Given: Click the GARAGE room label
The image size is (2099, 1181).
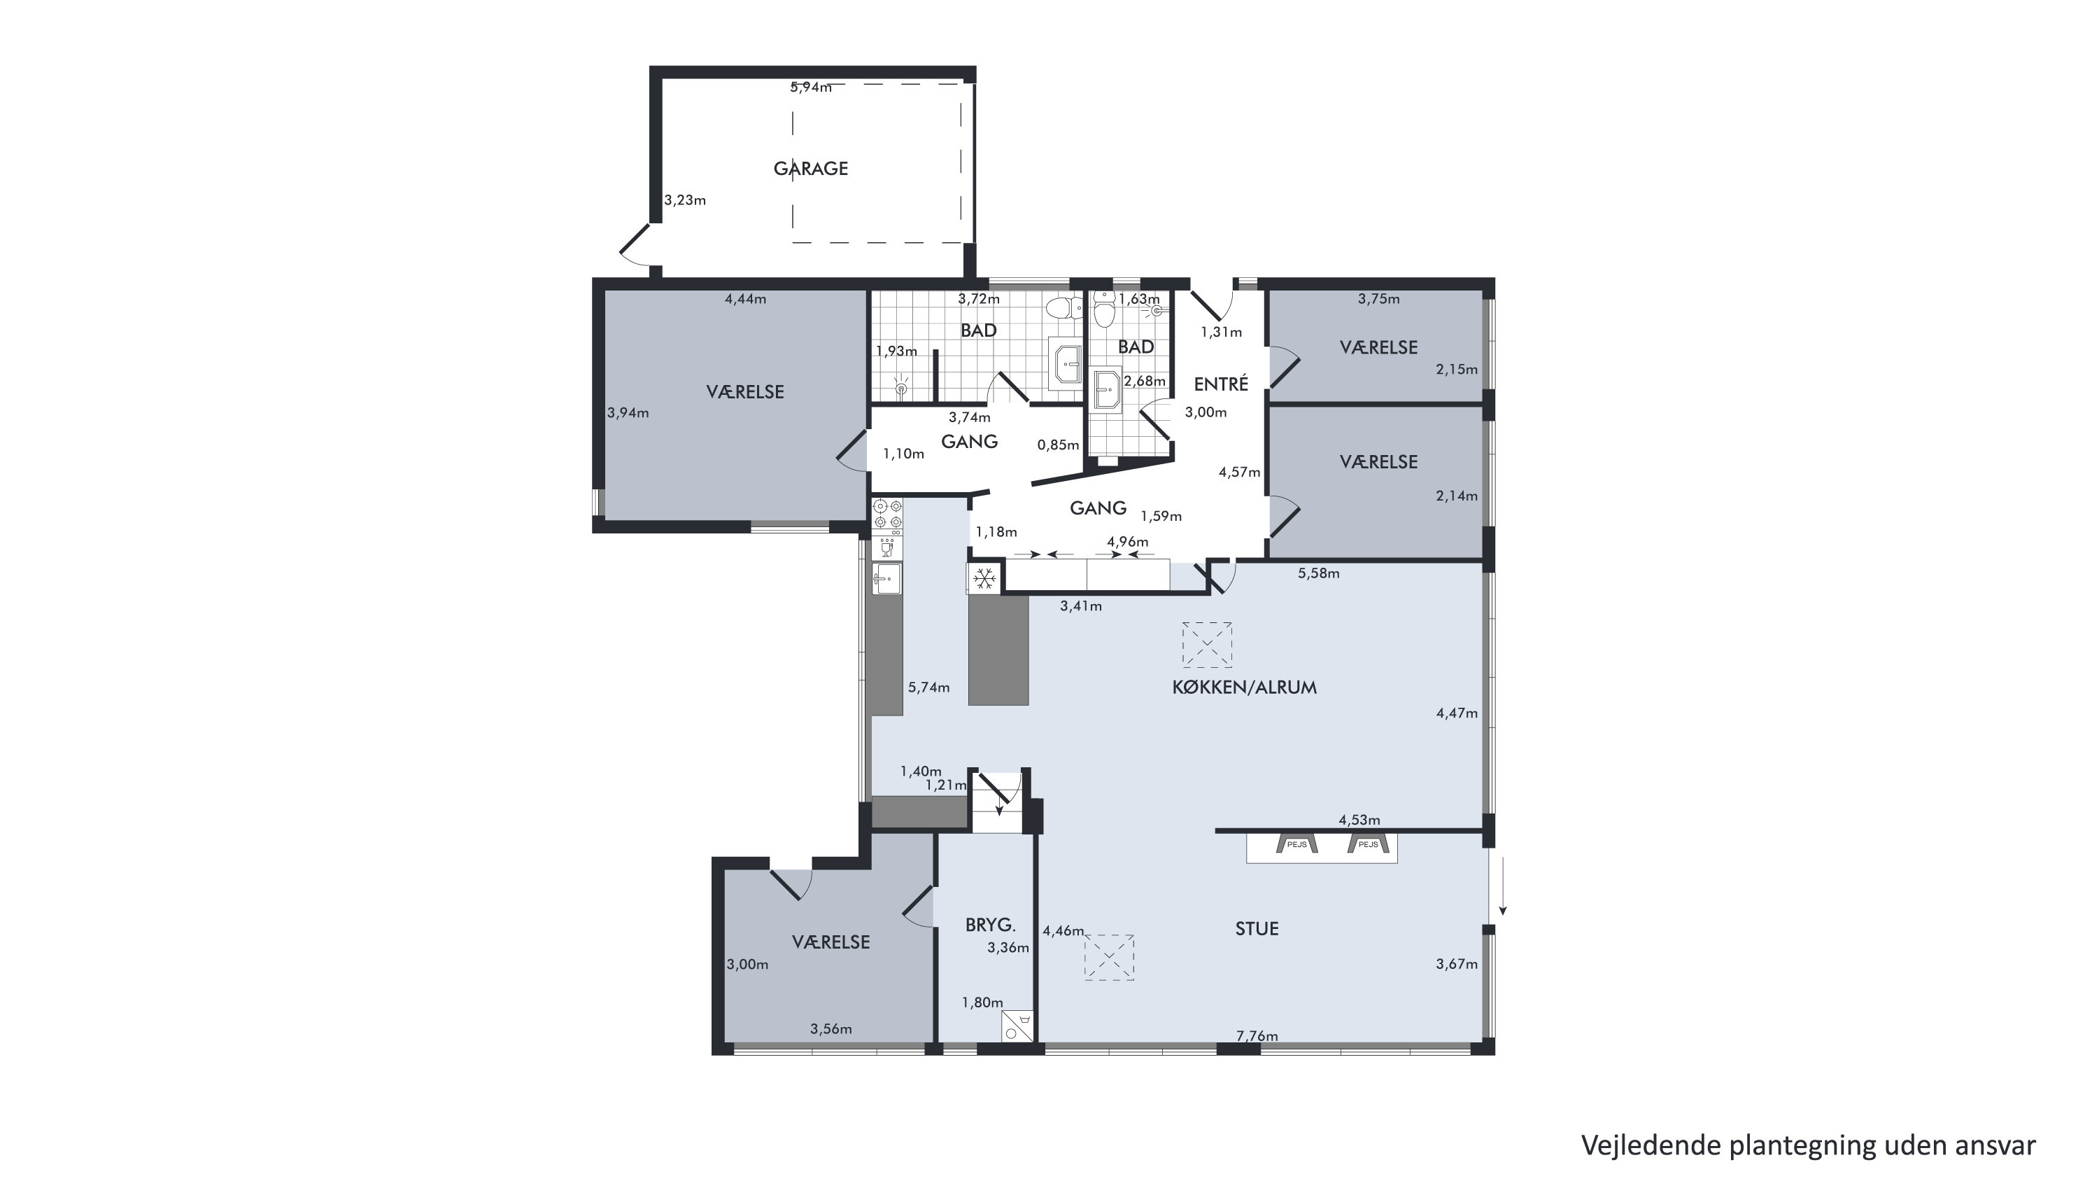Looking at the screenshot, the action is [811, 169].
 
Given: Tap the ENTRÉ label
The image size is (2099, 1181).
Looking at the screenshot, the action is [1221, 383].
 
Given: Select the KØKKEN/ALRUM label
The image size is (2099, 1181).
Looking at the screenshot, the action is [1244, 687].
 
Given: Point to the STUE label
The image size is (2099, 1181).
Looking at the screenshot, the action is [1257, 928].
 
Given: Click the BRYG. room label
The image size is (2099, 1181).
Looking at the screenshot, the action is [990, 925].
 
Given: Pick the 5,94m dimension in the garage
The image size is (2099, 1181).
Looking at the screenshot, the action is [811, 88].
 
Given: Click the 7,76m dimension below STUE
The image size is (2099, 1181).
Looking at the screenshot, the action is [1257, 1036].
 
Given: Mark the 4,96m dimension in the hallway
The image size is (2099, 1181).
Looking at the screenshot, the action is [1128, 541].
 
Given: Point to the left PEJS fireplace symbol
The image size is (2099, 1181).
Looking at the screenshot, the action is [1296, 844].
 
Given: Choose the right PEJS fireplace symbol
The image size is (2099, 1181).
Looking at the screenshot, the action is [1368, 844].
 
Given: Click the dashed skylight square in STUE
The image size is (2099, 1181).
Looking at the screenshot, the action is [1109, 957].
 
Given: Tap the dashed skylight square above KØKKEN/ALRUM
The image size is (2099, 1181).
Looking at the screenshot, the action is [1207, 645].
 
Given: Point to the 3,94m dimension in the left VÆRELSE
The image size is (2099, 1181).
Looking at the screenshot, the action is [628, 412].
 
